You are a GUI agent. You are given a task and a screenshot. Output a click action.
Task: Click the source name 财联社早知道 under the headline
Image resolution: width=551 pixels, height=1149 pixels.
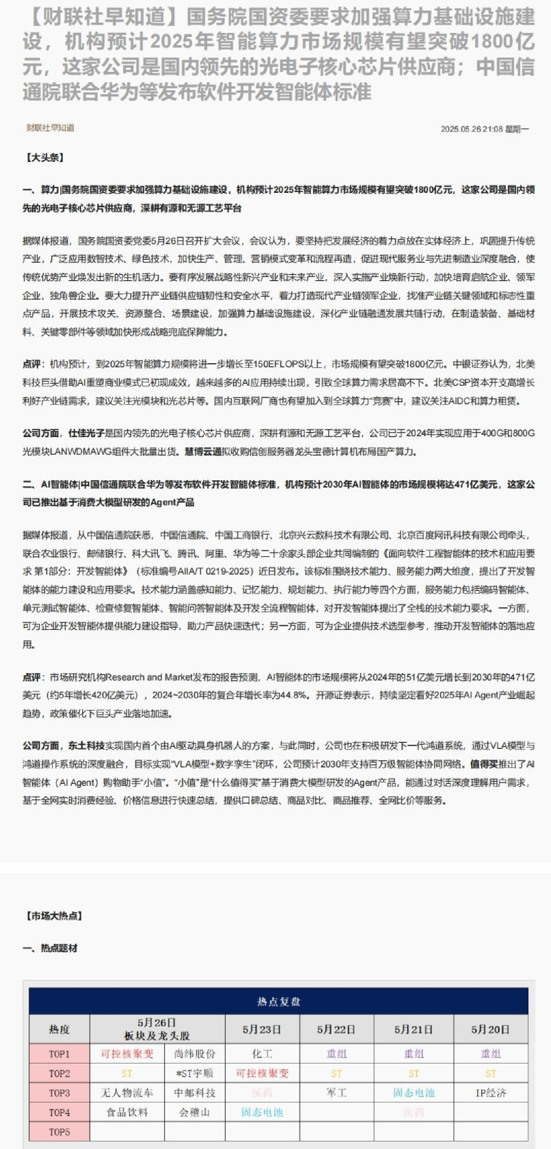pyautogui.click(x=51, y=128)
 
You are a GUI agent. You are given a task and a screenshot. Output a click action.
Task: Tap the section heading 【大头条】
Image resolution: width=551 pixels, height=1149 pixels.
pyautogui.click(x=45, y=157)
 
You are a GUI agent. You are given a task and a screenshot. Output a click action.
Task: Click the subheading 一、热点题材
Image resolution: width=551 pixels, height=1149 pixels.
pyautogui.click(x=50, y=948)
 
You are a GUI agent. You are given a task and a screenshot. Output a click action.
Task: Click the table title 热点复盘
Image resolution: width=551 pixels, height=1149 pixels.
pyautogui.click(x=278, y=1001)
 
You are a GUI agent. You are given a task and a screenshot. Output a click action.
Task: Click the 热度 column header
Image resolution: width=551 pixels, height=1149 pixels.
pyautogui.click(x=59, y=1029)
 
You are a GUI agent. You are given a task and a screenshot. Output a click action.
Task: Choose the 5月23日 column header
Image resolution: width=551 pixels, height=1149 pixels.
pyautogui.click(x=262, y=1029)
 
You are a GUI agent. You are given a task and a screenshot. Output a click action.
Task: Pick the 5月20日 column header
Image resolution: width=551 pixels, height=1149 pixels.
pyautogui.click(x=490, y=1029)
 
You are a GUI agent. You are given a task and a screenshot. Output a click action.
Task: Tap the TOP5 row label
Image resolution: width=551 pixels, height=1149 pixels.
pyautogui.click(x=59, y=1132)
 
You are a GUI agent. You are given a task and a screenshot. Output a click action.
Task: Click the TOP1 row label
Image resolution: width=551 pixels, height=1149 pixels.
pyautogui.click(x=59, y=1054)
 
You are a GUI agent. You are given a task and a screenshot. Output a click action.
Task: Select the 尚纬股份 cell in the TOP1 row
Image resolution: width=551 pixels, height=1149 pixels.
pyautogui.click(x=195, y=1054)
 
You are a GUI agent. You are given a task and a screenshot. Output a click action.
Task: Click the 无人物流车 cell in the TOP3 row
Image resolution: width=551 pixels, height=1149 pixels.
pyautogui.click(x=127, y=1093)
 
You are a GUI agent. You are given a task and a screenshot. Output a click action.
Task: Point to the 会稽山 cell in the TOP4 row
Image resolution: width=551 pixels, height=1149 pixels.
pyautogui.click(x=195, y=1112)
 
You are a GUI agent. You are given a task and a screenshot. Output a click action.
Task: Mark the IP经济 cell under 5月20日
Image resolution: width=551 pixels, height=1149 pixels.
pyautogui.click(x=490, y=1093)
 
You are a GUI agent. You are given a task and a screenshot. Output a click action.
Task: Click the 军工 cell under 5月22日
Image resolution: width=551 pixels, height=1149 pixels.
pyautogui.click(x=336, y=1093)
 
